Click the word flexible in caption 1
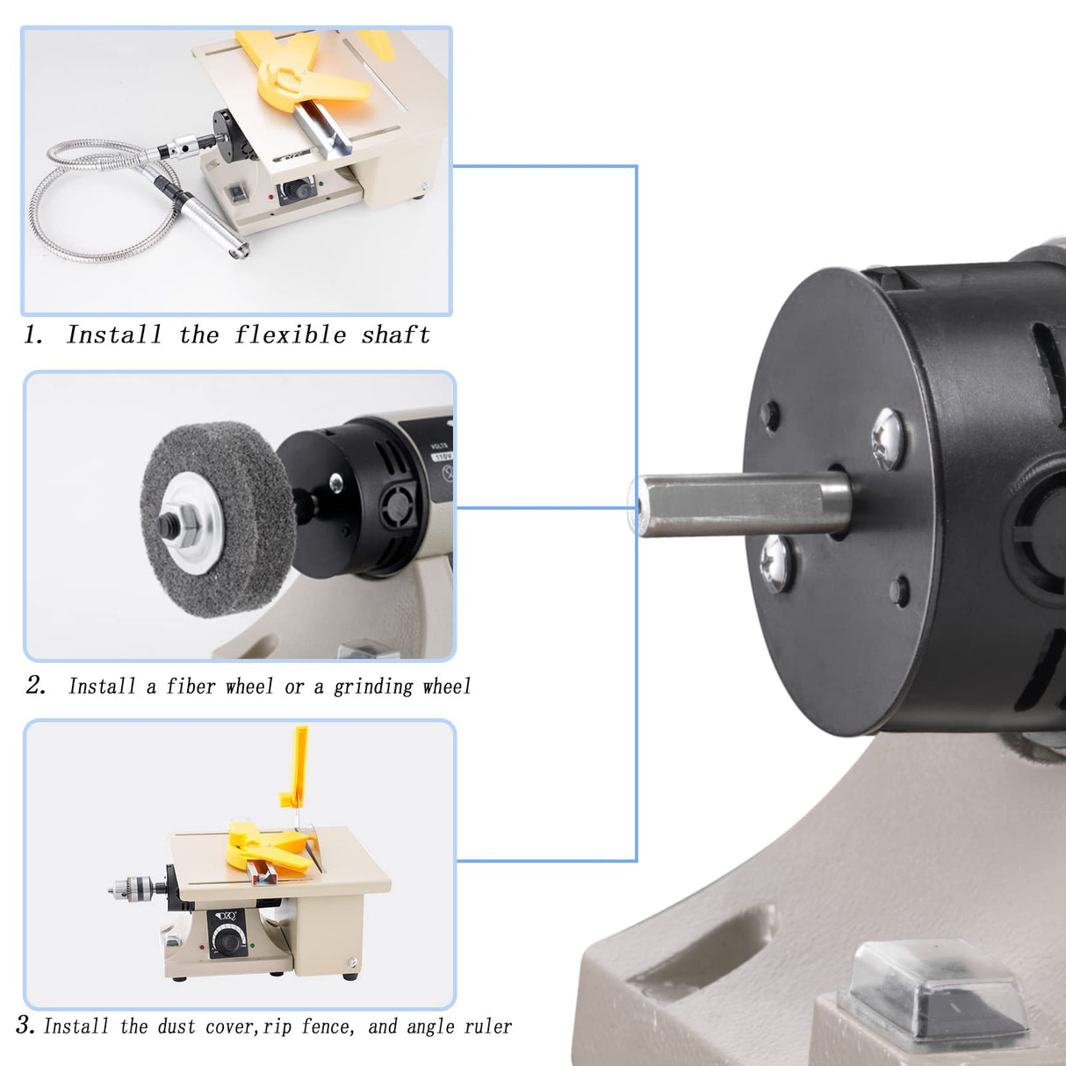(x=290, y=335)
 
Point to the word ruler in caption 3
(x=488, y=1026)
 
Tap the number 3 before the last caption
(x=24, y=1025)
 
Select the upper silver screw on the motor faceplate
(x=887, y=436)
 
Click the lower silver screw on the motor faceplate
(x=776, y=563)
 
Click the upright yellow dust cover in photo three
(x=299, y=764)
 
